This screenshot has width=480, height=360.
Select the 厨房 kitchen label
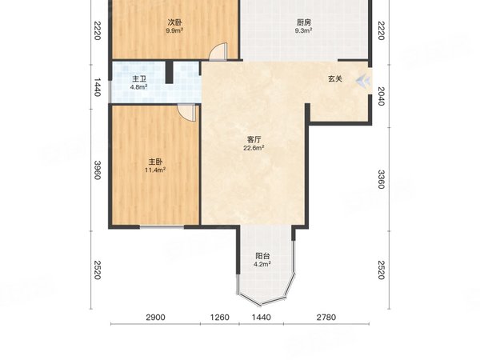tap(302, 22)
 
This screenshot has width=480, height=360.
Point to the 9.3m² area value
tap(302, 31)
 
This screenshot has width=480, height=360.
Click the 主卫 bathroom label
tap(140, 78)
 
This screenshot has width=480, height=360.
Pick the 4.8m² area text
tap(140, 87)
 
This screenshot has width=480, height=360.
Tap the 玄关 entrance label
tap(336, 79)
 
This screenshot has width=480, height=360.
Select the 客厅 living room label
tap(254, 139)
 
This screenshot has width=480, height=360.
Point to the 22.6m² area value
tap(254, 148)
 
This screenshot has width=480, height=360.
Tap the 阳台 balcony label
tap(262, 256)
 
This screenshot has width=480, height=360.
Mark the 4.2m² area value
tap(262, 265)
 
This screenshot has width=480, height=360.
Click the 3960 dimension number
tap(97, 170)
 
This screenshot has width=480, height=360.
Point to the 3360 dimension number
tap(381, 180)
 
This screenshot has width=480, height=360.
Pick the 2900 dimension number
tap(155, 318)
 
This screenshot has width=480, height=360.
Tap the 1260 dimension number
tap(219, 318)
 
